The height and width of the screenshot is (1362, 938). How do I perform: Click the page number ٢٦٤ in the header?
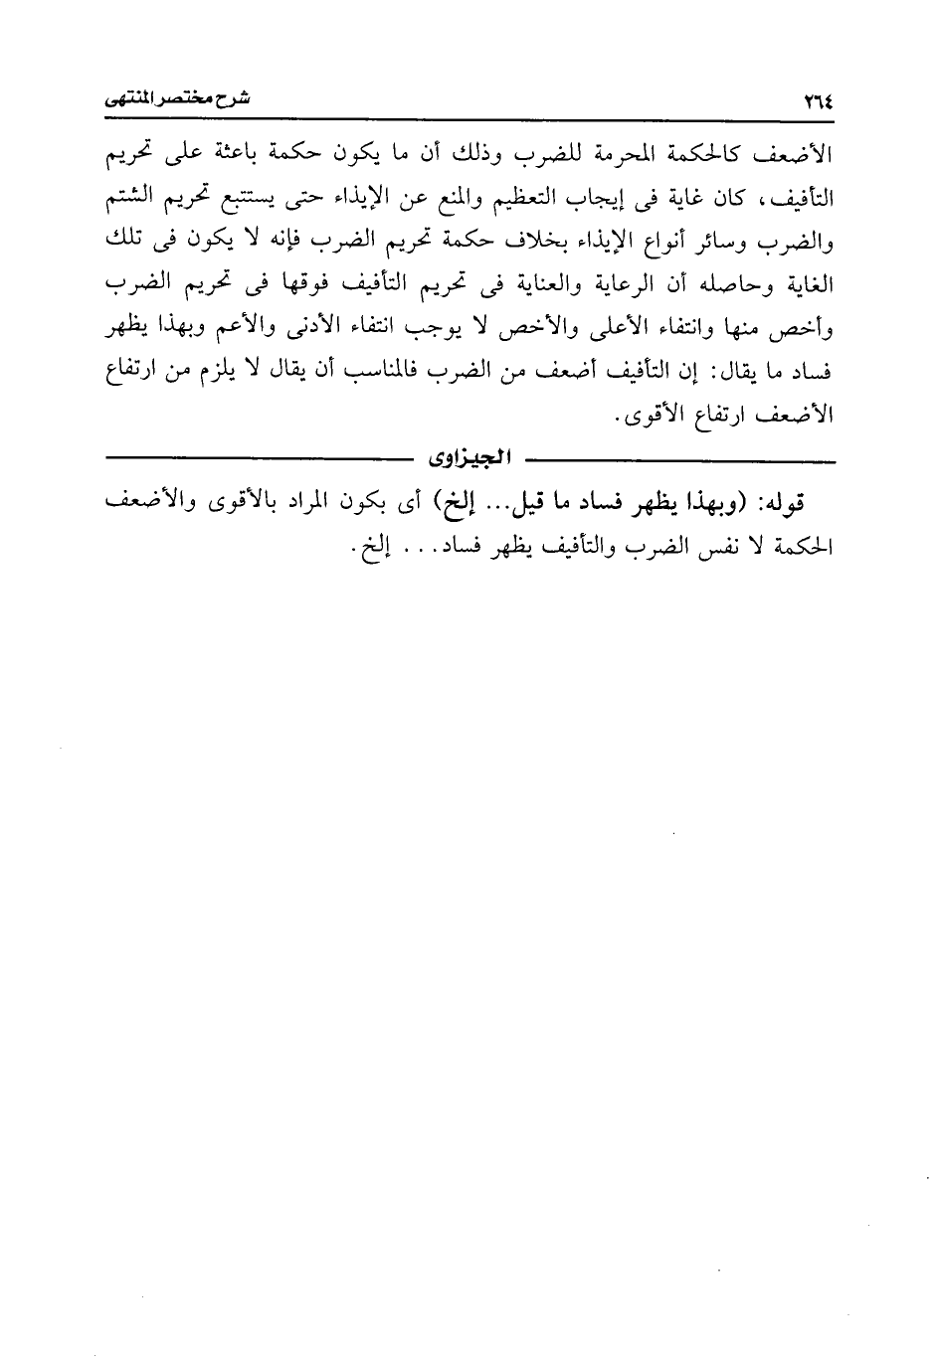[815, 101]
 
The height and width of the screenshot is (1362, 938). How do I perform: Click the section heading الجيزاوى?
[469, 459]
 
